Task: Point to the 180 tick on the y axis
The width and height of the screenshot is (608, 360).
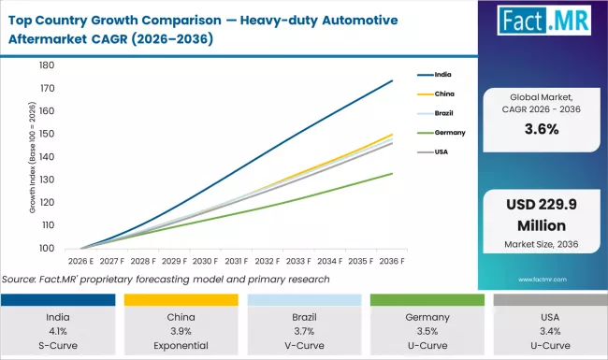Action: pyautogui.click(x=47, y=65)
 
